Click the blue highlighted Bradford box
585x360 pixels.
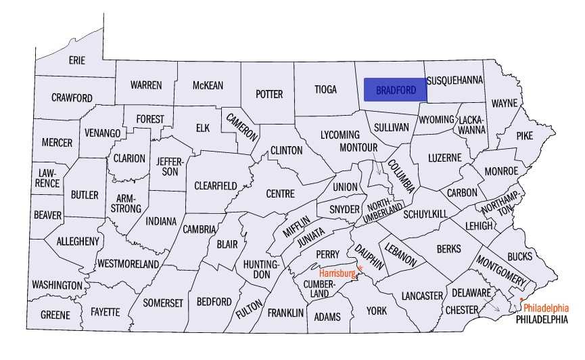click(396, 89)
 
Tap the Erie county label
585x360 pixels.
click(76, 60)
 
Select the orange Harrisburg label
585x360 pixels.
click(337, 273)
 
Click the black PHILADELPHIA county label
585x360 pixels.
click(542, 319)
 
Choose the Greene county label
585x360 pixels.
click(55, 315)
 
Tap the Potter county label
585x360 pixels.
click(269, 94)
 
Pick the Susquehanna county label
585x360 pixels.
click(455, 80)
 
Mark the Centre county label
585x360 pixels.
click(280, 194)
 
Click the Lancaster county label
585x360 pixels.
click(421, 296)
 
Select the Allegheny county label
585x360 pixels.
click(78, 241)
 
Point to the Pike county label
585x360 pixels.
click(524, 135)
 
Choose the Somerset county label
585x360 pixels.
click(163, 303)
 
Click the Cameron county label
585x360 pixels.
click(242, 125)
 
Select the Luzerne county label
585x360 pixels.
click(444, 158)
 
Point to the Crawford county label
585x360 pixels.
click(72, 97)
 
